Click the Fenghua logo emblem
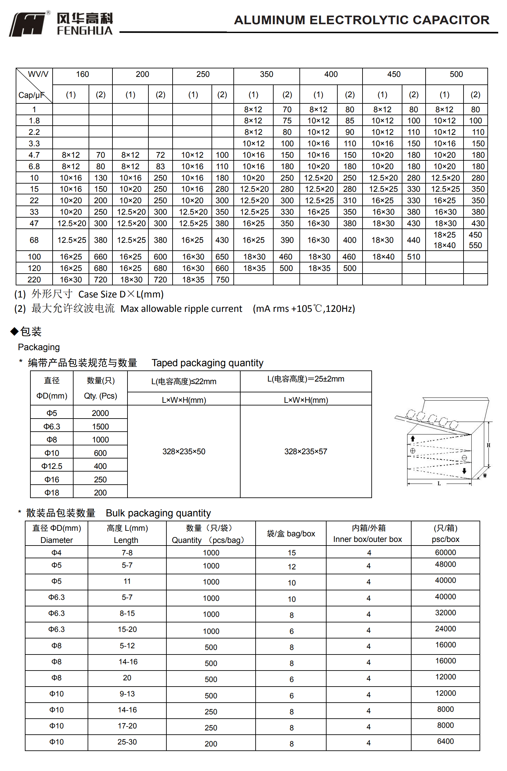[x=27, y=24]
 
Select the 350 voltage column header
[x=266, y=75]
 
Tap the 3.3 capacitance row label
[x=34, y=143]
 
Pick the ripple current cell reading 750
[x=222, y=280]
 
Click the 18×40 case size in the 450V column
[x=383, y=257]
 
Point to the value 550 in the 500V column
[x=475, y=245]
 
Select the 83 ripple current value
[x=160, y=167]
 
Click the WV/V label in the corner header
[x=38, y=74]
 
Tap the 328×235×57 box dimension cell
[x=306, y=452]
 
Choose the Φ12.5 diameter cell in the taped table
[x=52, y=466]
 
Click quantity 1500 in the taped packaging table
[x=100, y=427]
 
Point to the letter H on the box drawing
[x=488, y=445]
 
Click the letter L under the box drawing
[x=439, y=483]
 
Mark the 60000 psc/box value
[x=445, y=552]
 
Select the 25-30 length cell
[x=127, y=742]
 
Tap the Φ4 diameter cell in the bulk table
[x=56, y=553]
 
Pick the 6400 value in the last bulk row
[x=445, y=741]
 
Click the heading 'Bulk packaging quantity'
[x=158, y=513]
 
